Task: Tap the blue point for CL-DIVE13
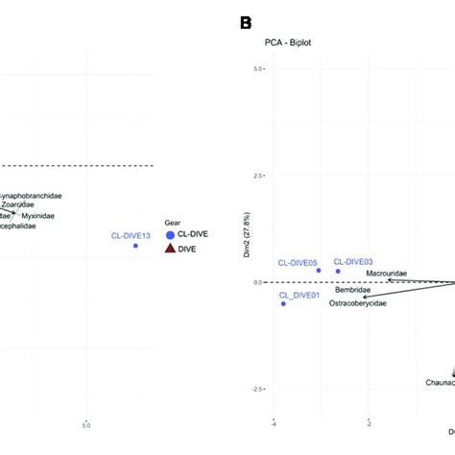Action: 135,246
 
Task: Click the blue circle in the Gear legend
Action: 170,234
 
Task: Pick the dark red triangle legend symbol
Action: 170,249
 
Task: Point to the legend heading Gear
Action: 173,221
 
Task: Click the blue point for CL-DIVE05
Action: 319,270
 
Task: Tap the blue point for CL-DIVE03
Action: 338,271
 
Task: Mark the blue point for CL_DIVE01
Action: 283,303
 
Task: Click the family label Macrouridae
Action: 387,274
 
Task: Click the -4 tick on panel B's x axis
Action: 274,420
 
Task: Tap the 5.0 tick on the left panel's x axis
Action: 86,424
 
